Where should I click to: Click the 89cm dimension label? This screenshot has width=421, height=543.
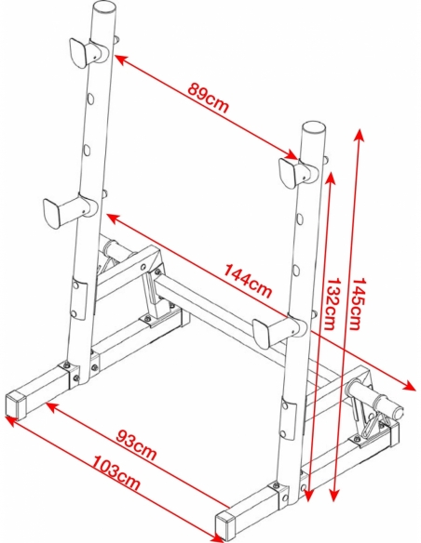click(x=209, y=99)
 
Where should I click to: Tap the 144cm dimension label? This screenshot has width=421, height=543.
click(x=247, y=281)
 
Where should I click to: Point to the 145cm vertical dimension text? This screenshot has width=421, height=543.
click(x=358, y=303)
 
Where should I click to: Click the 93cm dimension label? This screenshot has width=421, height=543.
click(x=136, y=444)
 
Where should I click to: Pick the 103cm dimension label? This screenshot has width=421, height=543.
click(x=116, y=472)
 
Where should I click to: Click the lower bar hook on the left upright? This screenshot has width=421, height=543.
click(x=69, y=210)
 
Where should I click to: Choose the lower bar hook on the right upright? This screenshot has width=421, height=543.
click(x=279, y=332)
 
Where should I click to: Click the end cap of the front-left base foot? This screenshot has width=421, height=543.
click(x=16, y=404)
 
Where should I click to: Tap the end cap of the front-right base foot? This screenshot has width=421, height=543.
click(x=225, y=525)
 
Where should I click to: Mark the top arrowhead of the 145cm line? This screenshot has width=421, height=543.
click(x=360, y=135)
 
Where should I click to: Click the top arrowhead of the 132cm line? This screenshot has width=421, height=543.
click(x=331, y=177)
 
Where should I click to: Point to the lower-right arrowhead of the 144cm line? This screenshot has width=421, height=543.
click(x=409, y=385)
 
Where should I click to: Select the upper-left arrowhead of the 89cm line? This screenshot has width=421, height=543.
click(x=120, y=60)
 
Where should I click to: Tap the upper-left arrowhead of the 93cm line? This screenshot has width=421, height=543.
click(x=52, y=407)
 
